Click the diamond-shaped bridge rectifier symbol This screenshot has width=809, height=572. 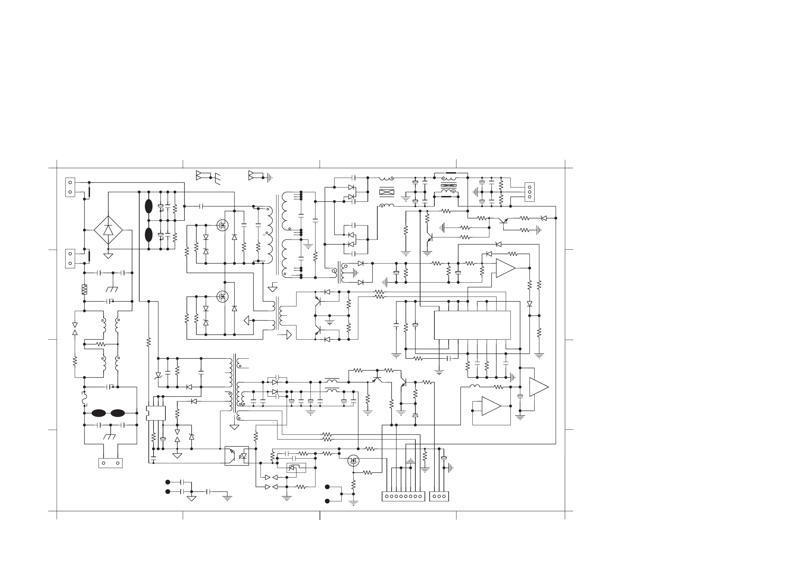click(108, 230)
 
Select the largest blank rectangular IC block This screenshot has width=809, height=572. click(472, 325)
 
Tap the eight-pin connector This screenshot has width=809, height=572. click(403, 496)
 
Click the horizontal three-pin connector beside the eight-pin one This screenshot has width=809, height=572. click(439, 496)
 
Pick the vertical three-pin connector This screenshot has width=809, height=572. click(529, 192)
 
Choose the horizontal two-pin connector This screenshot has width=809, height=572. click(110, 463)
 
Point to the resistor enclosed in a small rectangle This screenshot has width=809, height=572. click(84, 289)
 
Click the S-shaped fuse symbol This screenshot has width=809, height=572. click(84, 398)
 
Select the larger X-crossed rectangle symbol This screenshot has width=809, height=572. click(386, 193)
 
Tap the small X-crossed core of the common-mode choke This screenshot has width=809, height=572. click(449, 185)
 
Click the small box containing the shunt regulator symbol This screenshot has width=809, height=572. click(296, 468)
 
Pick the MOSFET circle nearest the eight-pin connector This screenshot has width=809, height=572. click(354, 461)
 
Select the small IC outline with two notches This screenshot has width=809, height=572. click(156, 413)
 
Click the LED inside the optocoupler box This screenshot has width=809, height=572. click(243, 456)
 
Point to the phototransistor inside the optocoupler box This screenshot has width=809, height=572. click(231, 453)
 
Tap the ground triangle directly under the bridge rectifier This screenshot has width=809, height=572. click(108, 256)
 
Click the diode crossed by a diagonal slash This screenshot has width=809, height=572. click(158, 376)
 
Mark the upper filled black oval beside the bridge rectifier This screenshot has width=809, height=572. click(149, 207)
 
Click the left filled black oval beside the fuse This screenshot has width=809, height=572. click(98, 413)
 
